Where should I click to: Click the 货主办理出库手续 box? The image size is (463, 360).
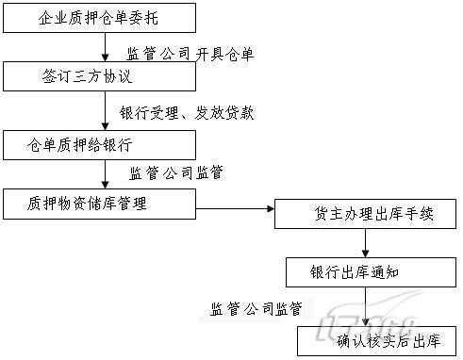point(366,214)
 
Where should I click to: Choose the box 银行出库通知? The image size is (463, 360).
point(367,272)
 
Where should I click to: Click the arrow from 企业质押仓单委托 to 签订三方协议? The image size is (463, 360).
point(109,47)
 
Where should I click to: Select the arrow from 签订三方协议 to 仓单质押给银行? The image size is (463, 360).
point(109,110)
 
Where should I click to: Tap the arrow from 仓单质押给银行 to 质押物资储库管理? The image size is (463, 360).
point(109,173)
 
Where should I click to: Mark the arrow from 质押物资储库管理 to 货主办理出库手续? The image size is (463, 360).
point(236,209)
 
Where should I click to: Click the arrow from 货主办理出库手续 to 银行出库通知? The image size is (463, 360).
point(367,242)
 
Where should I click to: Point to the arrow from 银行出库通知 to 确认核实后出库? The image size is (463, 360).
point(367,306)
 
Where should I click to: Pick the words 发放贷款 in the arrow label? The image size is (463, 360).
point(223,112)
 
